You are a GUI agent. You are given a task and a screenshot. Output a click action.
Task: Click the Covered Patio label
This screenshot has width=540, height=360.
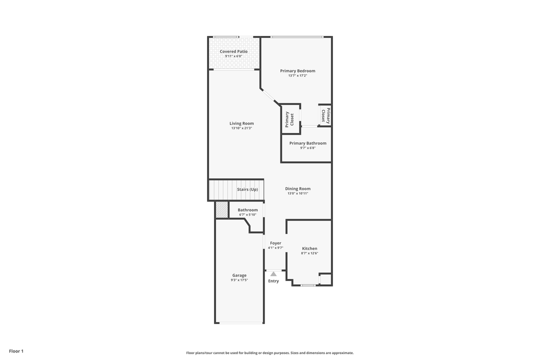click(x=233, y=51)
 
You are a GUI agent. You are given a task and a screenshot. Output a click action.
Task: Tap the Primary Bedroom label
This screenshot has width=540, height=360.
click(x=297, y=71)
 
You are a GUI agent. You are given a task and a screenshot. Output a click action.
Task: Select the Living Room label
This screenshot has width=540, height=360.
click(x=241, y=123)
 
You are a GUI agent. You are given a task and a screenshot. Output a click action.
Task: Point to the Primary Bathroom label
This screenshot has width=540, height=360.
click(x=307, y=143)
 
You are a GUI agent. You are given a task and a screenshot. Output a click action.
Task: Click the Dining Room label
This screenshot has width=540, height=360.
click(x=297, y=189)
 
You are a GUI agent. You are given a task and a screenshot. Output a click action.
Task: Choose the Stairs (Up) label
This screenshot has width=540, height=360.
click(x=247, y=189)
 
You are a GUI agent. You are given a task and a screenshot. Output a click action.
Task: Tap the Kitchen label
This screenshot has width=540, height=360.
click(x=309, y=248)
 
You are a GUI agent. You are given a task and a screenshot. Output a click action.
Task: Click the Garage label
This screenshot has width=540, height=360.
click(x=239, y=275)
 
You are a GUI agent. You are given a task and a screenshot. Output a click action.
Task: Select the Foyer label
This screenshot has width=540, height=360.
click(x=275, y=243)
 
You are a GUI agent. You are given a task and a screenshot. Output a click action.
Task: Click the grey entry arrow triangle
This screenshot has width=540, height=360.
click(x=273, y=274)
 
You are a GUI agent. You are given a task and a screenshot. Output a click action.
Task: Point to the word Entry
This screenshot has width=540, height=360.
click(x=273, y=281)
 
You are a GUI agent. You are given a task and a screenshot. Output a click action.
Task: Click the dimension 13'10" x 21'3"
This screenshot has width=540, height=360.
click(x=241, y=128)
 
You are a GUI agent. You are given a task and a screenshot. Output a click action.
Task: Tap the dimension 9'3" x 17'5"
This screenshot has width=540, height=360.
click(x=239, y=280)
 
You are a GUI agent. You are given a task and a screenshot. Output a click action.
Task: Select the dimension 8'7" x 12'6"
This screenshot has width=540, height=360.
click(x=309, y=253)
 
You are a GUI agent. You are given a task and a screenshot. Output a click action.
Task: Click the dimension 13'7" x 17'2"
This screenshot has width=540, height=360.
click(x=297, y=76)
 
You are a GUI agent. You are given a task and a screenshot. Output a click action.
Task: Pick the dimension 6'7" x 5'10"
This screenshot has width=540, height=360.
click(x=247, y=215)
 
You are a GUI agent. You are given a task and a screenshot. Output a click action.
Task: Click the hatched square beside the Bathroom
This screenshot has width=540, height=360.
click(x=221, y=210)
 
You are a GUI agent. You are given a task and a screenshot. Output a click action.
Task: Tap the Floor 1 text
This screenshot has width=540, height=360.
click(x=16, y=351)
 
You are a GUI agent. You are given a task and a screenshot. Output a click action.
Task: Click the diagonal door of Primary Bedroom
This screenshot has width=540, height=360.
click(x=270, y=97)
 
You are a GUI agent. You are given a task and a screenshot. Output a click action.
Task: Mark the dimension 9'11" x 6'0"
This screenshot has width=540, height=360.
click(x=233, y=56)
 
